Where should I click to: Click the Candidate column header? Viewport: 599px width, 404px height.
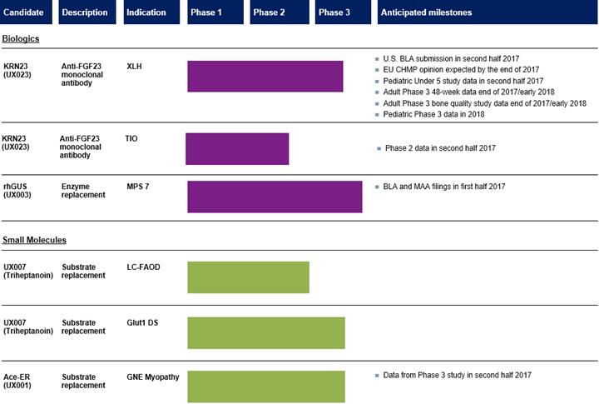click(x=28, y=12)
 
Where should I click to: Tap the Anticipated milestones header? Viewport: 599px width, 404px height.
click(x=425, y=12)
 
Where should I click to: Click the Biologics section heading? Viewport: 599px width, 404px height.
click(x=21, y=38)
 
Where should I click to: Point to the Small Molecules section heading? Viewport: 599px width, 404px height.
click(x=34, y=240)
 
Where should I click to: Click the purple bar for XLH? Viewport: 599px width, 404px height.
click(x=265, y=76)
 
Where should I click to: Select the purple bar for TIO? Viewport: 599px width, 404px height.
click(x=237, y=148)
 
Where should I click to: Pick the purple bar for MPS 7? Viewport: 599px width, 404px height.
click(x=275, y=197)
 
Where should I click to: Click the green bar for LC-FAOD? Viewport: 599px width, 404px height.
click(x=248, y=277)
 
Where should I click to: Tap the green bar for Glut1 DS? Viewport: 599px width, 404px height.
click(x=265, y=332)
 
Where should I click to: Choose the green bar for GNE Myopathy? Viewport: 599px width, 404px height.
click(x=265, y=387)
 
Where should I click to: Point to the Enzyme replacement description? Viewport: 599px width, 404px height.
click(x=83, y=191)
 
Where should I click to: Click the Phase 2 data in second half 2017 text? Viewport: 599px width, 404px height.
click(x=440, y=148)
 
